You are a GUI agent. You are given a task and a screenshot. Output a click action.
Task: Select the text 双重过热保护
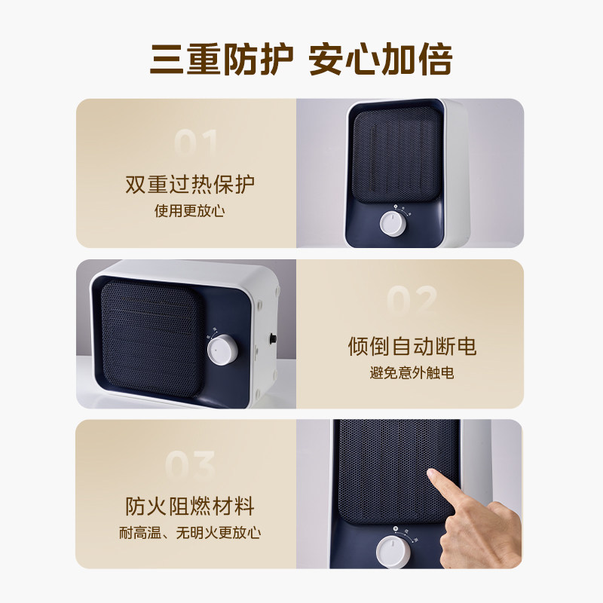[190, 184]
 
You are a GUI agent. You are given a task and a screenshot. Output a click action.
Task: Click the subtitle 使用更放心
[190, 210]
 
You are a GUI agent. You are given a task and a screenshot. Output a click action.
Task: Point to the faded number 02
[412, 300]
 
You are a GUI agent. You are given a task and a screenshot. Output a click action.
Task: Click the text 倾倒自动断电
[412, 346]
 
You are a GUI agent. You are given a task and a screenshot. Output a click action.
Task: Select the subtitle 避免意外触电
[412, 372]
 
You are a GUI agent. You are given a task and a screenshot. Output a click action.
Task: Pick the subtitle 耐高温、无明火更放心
[190, 533]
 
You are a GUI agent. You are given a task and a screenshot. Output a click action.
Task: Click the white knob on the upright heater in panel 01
[391, 224]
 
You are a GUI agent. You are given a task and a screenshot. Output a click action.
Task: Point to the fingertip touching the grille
[433, 476]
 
